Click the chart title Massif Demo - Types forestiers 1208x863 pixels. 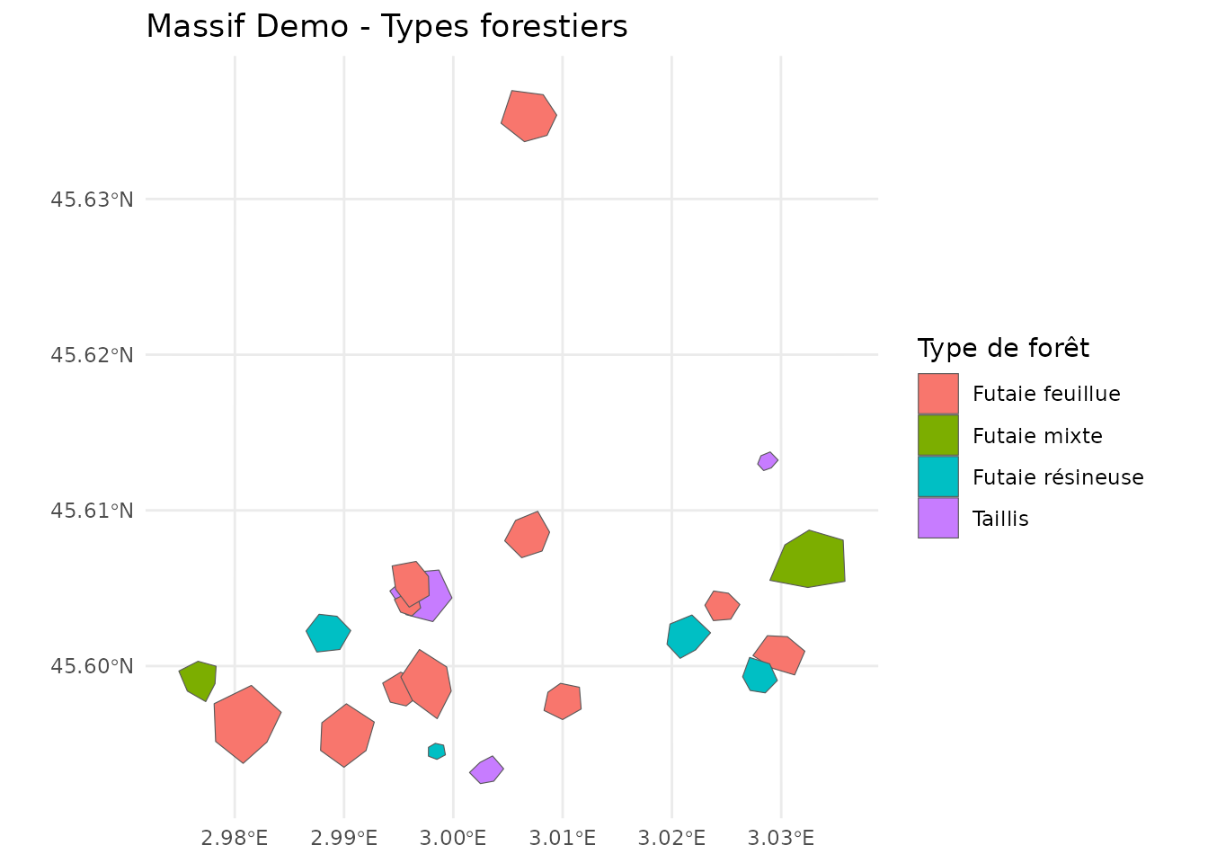pyautogui.click(x=386, y=27)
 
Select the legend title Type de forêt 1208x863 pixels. pyautogui.click(x=1003, y=348)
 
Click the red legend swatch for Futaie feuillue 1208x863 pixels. pyautogui.click(x=937, y=394)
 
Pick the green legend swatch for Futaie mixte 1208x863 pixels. pyautogui.click(x=937, y=435)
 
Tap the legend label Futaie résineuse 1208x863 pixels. pyautogui.click(x=1058, y=477)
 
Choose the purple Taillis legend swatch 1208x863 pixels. pyautogui.click(x=937, y=519)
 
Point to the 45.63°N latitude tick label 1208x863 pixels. pyautogui.click(x=92, y=199)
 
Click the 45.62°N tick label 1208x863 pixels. pyautogui.click(x=92, y=355)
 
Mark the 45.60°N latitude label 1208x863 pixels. pyautogui.click(x=92, y=666)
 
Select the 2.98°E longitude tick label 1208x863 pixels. pyautogui.click(x=235, y=839)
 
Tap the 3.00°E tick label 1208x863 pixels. pyautogui.click(x=453, y=839)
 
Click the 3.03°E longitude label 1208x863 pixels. pyautogui.click(x=780, y=839)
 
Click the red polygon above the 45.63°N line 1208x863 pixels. pyautogui.click(x=528, y=116)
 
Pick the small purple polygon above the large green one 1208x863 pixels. pyautogui.click(x=768, y=461)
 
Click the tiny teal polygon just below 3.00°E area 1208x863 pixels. pyautogui.click(x=437, y=752)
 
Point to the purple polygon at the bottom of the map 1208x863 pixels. pyautogui.click(x=486, y=770)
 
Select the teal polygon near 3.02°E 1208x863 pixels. pyautogui.click(x=688, y=636)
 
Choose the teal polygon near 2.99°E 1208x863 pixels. pyautogui.click(x=328, y=633)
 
